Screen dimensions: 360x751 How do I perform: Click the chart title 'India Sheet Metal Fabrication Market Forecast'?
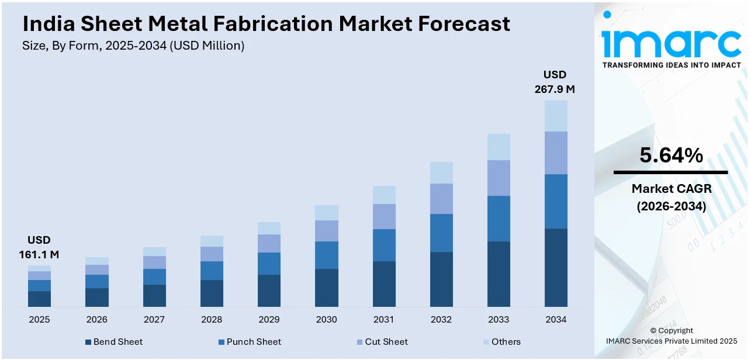[x=266, y=24]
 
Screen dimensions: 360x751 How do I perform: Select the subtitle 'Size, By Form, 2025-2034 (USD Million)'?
[x=133, y=46]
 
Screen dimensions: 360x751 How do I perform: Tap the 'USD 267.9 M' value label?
[x=555, y=82]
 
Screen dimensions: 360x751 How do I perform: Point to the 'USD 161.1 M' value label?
[x=39, y=247]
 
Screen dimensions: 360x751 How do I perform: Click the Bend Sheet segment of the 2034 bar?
[x=556, y=267]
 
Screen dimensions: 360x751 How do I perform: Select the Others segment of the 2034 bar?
[x=556, y=116]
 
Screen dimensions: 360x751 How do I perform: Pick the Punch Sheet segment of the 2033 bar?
[x=499, y=218]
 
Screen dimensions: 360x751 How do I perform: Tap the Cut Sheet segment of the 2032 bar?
[x=441, y=199]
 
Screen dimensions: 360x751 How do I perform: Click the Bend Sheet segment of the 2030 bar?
[x=326, y=288]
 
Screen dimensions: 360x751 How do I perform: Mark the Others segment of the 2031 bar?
[x=384, y=195]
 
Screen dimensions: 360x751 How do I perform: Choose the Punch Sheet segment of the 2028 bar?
[x=212, y=271]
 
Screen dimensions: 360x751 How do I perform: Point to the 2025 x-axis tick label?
[x=39, y=320]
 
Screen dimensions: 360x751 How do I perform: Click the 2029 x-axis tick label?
[x=269, y=320]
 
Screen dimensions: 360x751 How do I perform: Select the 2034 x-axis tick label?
[x=556, y=320]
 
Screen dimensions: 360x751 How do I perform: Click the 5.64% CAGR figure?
[x=671, y=155]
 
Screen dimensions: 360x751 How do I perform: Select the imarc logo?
[x=671, y=42]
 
